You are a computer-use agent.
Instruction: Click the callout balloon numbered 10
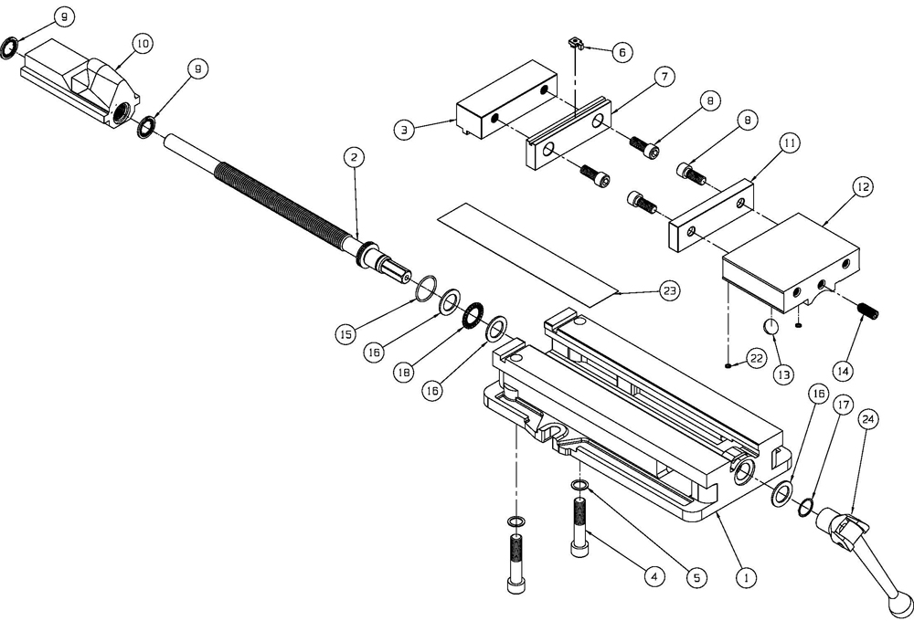point(142,43)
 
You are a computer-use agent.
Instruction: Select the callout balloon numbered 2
point(356,157)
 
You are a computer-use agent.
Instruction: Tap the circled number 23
point(670,291)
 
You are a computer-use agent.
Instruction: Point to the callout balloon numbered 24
point(867,419)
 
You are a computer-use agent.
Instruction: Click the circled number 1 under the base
point(746,577)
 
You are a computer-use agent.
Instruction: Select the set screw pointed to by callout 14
point(869,310)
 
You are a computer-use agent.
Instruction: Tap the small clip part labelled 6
point(575,42)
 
